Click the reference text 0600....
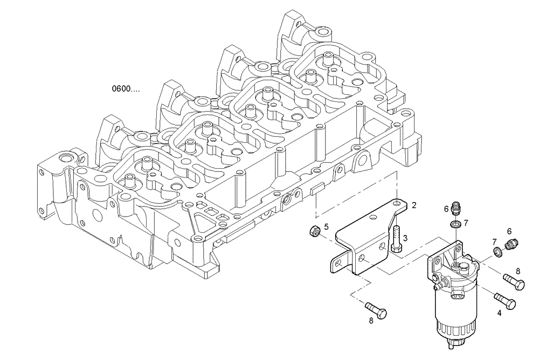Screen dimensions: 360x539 (126, 89)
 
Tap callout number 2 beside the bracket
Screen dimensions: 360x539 (414, 205)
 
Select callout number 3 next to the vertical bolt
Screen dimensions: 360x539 (405, 238)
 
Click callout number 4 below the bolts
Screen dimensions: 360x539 (499, 313)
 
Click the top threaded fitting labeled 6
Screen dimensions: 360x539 (455, 207)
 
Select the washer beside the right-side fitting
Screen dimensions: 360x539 (496, 251)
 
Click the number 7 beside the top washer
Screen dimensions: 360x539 (466, 223)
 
